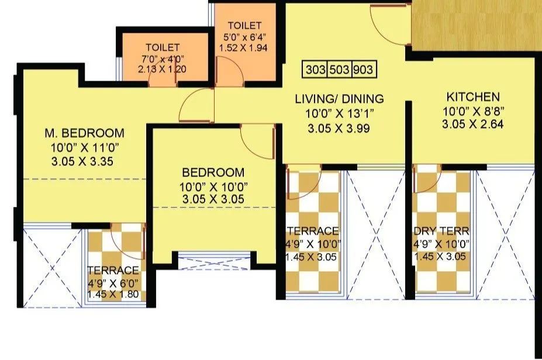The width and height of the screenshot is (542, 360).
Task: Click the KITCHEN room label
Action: [x=473, y=97]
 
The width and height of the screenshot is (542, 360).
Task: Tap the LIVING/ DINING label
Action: [x=339, y=99]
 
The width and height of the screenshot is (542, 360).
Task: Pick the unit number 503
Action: [x=339, y=70]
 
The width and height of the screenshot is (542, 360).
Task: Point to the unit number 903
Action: [x=363, y=70]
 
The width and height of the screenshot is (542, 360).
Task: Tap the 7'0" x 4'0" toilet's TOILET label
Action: [x=163, y=47]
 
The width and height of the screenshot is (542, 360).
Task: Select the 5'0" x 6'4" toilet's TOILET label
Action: [x=244, y=26]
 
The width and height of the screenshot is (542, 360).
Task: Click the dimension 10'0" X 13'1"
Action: [x=339, y=114]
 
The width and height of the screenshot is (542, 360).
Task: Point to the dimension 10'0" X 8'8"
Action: [x=473, y=111]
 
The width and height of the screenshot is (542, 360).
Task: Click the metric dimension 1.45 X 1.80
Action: [x=113, y=294]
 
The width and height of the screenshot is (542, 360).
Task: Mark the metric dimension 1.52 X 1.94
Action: [x=244, y=47]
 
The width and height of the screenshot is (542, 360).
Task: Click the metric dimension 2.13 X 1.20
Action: [x=163, y=68]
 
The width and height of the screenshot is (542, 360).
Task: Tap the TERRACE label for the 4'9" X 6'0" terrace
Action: [x=113, y=271]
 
